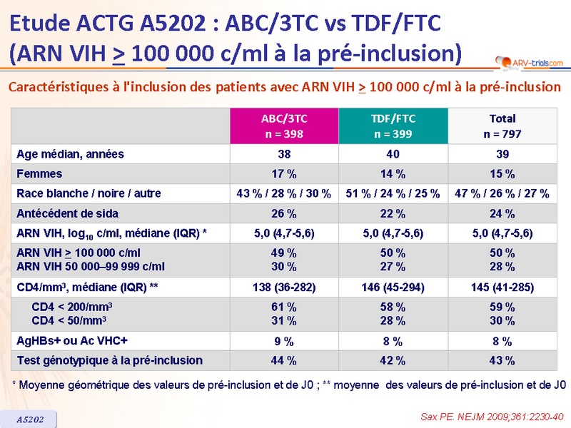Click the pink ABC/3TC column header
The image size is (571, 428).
coord(285,126)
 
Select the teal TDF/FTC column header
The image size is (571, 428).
coord(393,126)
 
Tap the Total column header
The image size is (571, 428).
coord(502,126)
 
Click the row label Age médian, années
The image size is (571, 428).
coord(70,154)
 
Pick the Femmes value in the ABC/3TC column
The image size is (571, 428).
coord(285,173)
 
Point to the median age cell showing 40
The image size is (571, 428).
coord(393,154)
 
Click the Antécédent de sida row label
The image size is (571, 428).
coord(67,213)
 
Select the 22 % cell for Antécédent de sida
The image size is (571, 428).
coord(393,213)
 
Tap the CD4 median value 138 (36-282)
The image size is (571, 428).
coord(285,287)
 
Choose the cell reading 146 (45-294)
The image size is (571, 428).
coord(393,287)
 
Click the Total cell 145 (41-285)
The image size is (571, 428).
coord(502,287)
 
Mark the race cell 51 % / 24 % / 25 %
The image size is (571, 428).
coord(393,193)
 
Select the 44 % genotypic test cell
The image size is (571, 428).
coord(285,360)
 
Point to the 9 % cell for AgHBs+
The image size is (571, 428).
coord(285,341)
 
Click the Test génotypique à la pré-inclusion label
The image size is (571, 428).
coord(109,360)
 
